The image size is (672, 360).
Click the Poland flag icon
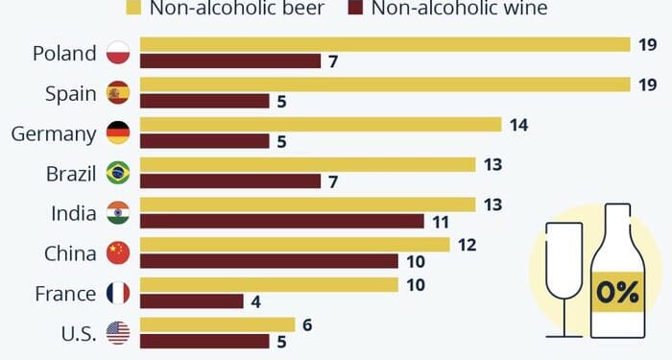pyautogui.click(x=118, y=53)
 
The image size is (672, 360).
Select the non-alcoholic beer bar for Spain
pyautogui.click(x=384, y=84)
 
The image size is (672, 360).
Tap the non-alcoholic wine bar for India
pyautogui.click(x=282, y=221)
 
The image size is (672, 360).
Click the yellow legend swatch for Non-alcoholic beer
pyautogui.click(x=132, y=9)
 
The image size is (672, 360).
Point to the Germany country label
pyautogui.click(x=53, y=133)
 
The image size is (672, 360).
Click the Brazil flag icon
pyautogui.click(x=118, y=173)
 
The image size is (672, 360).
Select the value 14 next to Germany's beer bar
pyautogui.click(x=519, y=125)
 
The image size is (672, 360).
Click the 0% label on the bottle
pyautogui.click(x=615, y=292)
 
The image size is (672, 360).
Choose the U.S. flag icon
pyautogui.click(x=118, y=333)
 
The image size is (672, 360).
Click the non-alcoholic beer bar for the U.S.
pyautogui.click(x=217, y=324)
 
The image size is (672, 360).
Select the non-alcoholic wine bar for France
pyautogui.click(x=192, y=301)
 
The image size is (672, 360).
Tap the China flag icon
pyautogui.click(x=118, y=253)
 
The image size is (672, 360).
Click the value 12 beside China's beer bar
pyautogui.click(x=468, y=245)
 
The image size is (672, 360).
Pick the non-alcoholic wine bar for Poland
pyautogui.click(x=230, y=61)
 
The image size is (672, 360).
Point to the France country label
pyautogui.click(x=65, y=294)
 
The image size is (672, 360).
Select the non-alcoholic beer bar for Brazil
pyautogui.click(x=307, y=164)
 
